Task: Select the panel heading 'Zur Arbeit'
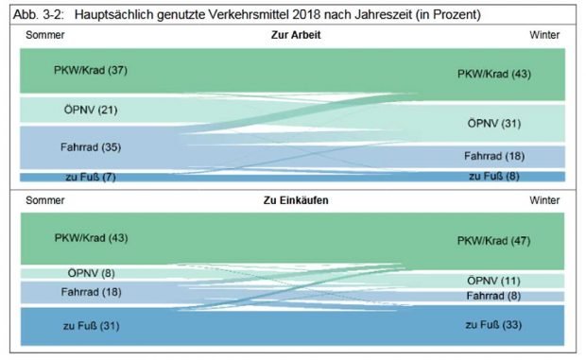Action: (294, 35)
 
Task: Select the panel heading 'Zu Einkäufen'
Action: (295, 200)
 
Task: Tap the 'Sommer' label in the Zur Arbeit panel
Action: (44, 35)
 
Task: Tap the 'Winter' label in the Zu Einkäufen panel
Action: (544, 200)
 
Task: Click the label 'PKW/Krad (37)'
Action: (91, 70)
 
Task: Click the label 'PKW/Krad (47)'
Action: (493, 240)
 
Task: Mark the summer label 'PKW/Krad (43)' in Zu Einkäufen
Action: (91, 237)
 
